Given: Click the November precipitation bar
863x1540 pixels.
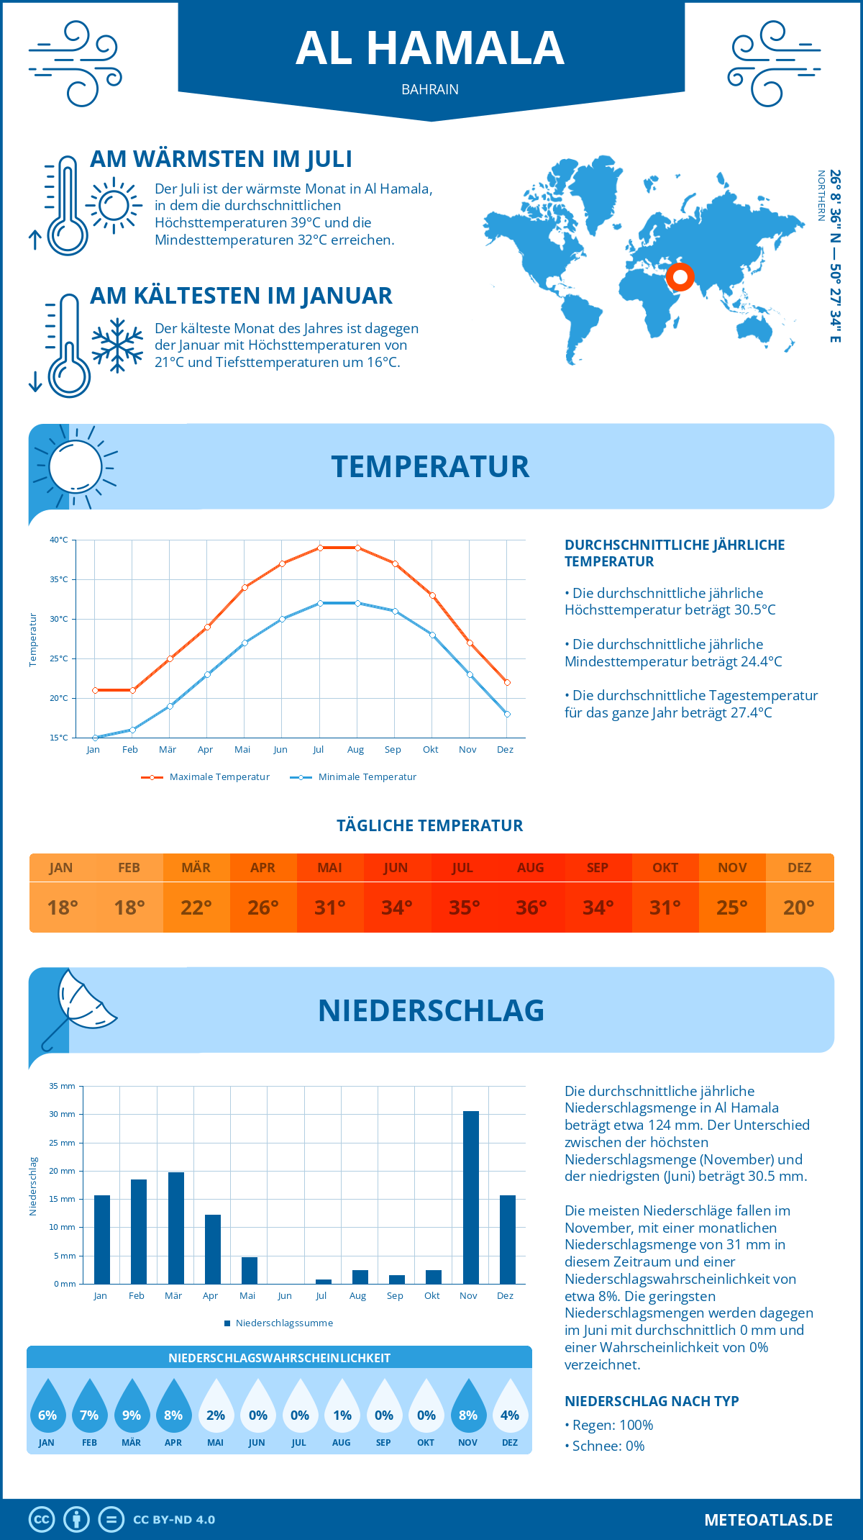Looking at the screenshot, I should pyautogui.click(x=470, y=1197).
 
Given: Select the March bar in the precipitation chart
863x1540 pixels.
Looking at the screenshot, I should pyautogui.click(x=175, y=1228).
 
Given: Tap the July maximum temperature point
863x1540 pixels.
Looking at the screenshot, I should pyautogui.click(x=320, y=548).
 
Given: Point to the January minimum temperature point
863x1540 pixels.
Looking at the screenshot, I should pyautogui.click(x=95, y=738).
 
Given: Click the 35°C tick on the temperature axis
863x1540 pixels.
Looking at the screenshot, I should pyautogui.click(x=59, y=579).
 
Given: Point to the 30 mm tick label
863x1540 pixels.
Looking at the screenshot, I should pyautogui.click(x=62, y=1114).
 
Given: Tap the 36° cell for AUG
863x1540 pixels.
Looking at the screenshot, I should pyautogui.click(x=531, y=907).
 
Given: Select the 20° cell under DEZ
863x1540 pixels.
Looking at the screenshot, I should pyautogui.click(x=799, y=907).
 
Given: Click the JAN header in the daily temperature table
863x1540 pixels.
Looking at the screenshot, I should pyautogui.click(x=61, y=868).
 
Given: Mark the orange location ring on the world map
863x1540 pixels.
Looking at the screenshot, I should pyautogui.click(x=680, y=276).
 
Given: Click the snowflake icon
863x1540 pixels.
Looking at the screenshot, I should pyautogui.click(x=117, y=345).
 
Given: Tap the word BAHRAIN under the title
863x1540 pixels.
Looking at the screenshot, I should pyautogui.click(x=430, y=90).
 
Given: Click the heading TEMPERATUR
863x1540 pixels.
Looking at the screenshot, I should pyautogui.click(x=430, y=466).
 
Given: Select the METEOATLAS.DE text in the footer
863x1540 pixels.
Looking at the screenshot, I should pyautogui.click(x=768, y=1520).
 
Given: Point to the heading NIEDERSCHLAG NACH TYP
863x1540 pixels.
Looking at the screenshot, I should pyautogui.click(x=652, y=1401).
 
